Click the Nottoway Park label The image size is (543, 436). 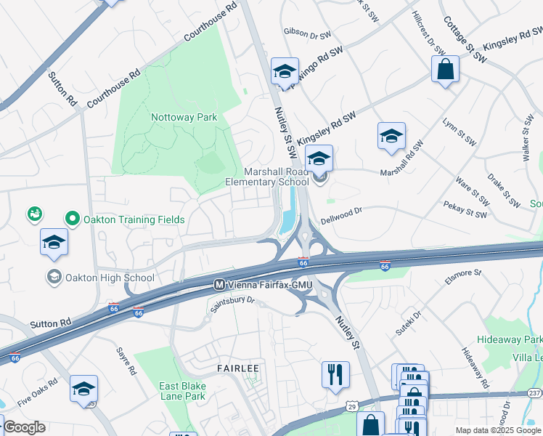pos(184,117)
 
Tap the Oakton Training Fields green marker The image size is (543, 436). pos(72,218)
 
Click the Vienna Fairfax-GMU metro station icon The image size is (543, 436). pos(219,284)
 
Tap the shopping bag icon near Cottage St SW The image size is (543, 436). pos(446,70)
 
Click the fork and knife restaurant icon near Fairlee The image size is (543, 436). pos(335,374)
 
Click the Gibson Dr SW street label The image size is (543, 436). pos(308,31)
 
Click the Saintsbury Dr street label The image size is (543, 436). pos(233,304)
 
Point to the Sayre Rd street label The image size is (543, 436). pos(126,360)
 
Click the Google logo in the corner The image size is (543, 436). pos(23,427)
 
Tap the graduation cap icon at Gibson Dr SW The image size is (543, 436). pos(285,71)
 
